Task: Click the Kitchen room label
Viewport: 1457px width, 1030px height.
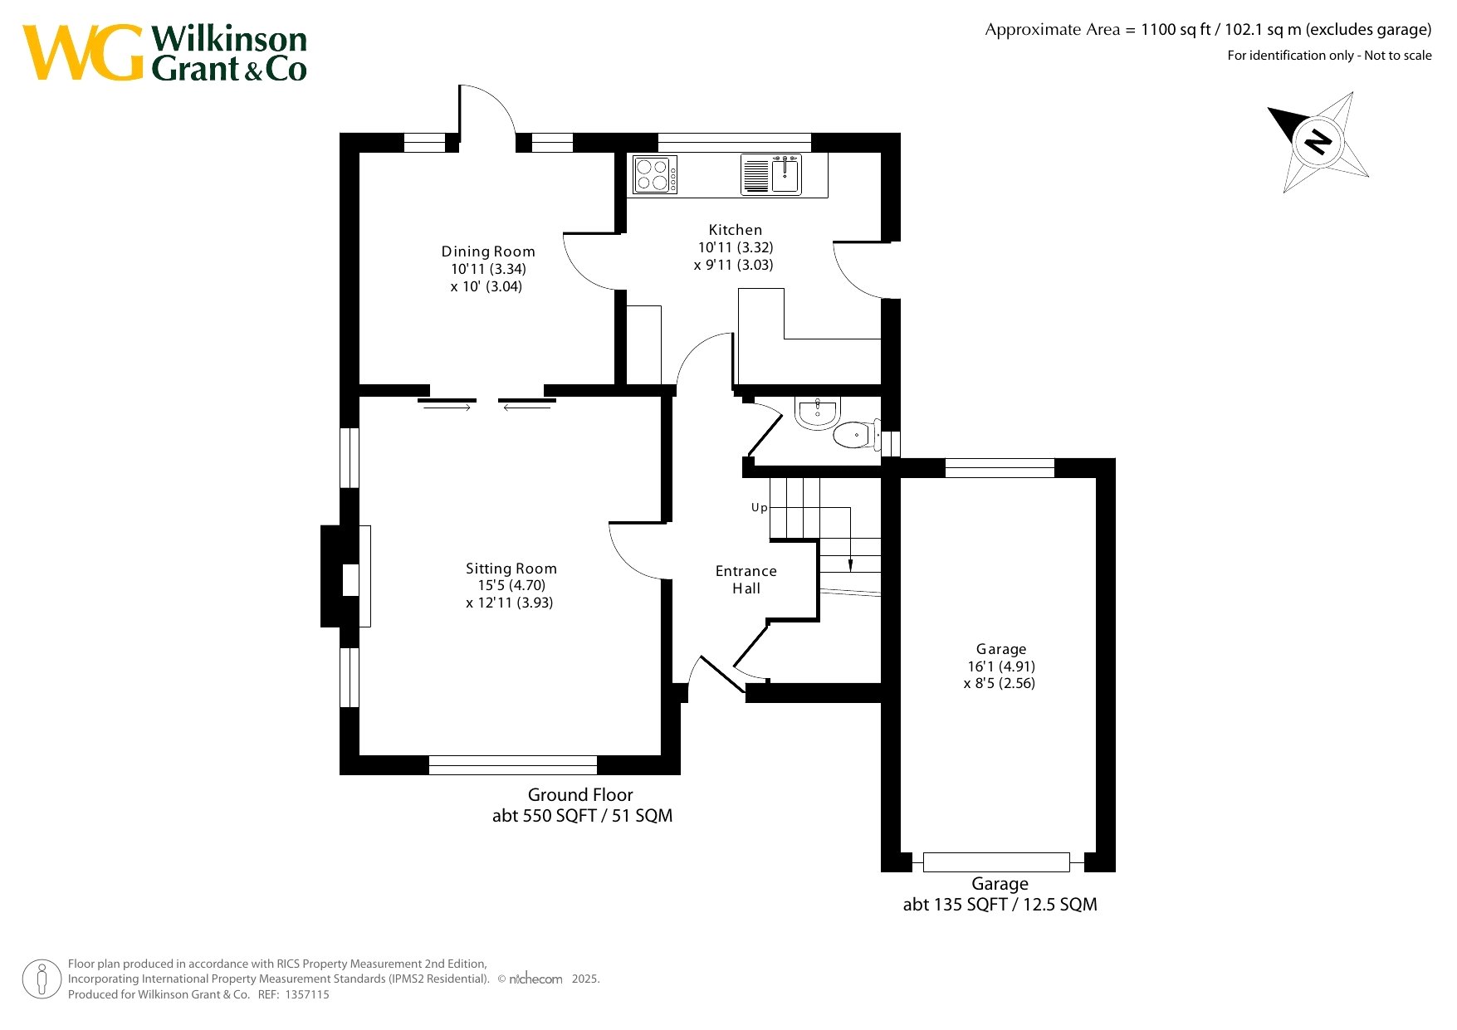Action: coord(735,230)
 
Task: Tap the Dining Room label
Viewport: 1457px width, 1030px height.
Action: coord(488,251)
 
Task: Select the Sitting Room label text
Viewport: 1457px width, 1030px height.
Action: coord(511,569)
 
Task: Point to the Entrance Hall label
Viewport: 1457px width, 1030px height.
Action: coord(746,579)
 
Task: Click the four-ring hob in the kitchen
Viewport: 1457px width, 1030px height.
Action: coord(655,174)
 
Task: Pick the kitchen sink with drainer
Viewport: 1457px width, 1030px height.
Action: coord(771,174)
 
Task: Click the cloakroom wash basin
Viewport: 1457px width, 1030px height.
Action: coord(818,412)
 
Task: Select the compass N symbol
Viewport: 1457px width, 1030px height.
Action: coord(1317,141)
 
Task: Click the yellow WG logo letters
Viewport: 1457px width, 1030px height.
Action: coord(83,52)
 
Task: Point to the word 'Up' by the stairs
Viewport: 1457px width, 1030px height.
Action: coord(759,508)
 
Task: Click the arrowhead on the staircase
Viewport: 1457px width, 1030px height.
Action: coord(850,566)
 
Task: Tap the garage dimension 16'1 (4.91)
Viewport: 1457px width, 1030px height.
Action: coord(1001,666)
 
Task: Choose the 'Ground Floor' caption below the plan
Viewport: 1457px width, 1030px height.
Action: coord(580,795)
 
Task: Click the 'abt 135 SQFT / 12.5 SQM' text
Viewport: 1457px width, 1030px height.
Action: coord(1000,905)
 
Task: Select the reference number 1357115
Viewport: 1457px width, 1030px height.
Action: coord(307,994)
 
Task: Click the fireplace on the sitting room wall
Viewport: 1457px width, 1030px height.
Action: coord(345,576)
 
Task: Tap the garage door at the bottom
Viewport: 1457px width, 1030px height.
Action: coord(996,862)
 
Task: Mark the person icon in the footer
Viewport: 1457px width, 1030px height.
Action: coord(42,979)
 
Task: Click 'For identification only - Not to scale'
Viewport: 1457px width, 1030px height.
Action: coord(1329,56)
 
